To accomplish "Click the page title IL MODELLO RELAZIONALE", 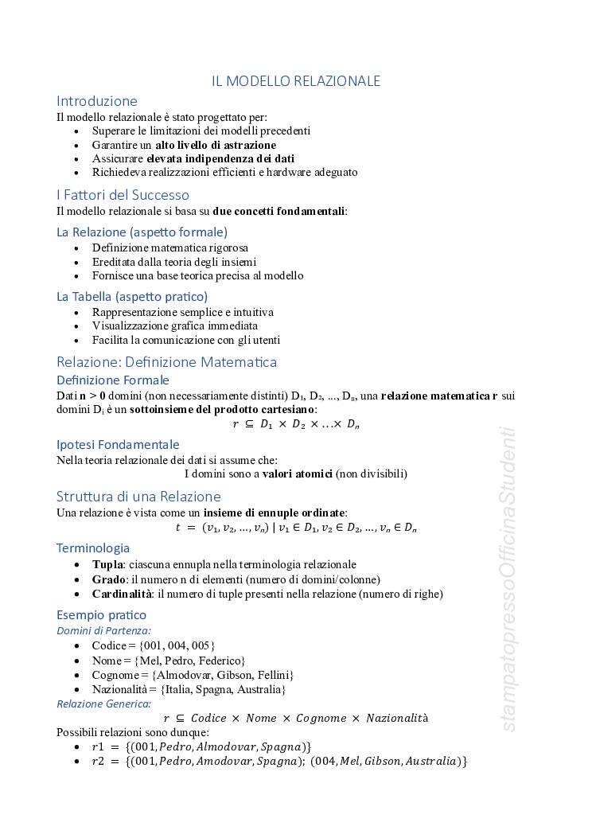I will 296,81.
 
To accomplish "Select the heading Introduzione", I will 96,101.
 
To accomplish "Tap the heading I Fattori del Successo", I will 123,195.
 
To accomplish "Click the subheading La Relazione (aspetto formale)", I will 142,232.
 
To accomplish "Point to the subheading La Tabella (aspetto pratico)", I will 132,296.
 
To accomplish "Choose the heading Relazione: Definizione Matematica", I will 166,362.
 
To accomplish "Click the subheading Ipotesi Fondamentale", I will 118,444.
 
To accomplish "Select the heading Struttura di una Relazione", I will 138,497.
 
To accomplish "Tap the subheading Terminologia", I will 92,548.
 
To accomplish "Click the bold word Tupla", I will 107,564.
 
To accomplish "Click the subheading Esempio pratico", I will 101,614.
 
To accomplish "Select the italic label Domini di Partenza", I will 103,630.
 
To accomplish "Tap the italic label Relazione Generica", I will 103,704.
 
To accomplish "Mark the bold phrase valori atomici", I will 297,474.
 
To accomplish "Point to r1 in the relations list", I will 99,746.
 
